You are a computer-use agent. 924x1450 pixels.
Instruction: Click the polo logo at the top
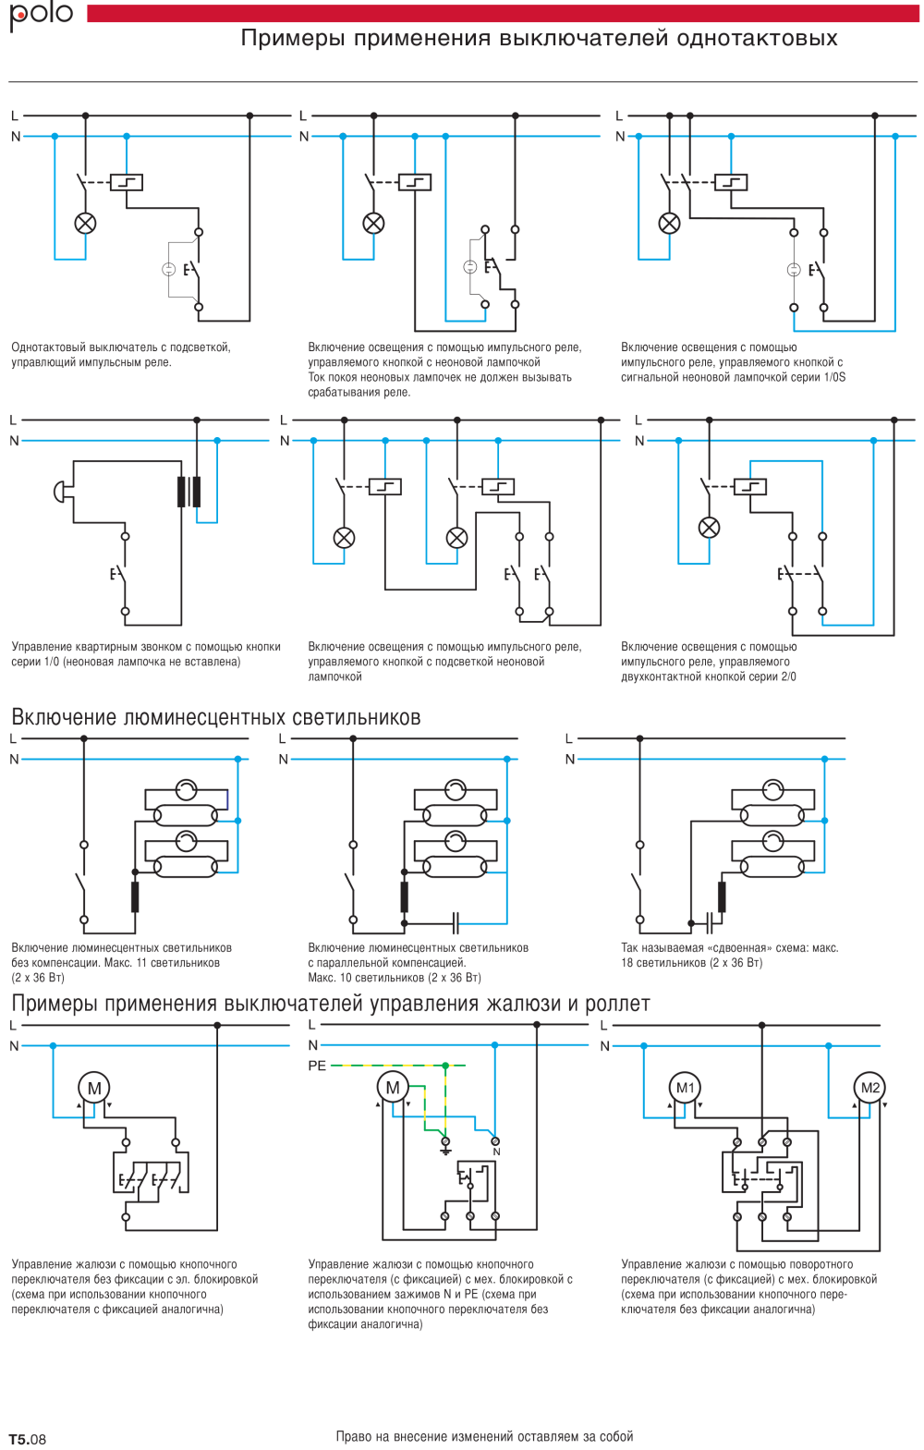(41, 15)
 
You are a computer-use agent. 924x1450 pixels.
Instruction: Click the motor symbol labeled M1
(685, 1088)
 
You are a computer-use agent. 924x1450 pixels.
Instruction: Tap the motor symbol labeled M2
(869, 1088)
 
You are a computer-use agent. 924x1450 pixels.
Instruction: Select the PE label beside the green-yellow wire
(317, 1066)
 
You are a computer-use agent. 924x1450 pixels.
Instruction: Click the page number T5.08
(28, 1439)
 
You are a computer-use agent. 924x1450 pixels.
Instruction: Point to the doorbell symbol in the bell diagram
(62, 492)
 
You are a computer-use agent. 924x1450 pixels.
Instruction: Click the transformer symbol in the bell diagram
(188, 492)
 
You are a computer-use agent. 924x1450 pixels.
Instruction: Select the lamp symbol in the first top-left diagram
(85, 223)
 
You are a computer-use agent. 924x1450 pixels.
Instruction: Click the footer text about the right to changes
(484, 1436)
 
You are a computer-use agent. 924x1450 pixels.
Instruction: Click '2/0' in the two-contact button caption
(788, 676)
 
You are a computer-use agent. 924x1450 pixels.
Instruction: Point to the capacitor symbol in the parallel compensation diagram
(455, 922)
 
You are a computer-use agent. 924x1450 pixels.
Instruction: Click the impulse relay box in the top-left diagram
(127, 182)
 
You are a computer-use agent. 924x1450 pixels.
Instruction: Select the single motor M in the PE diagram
(393, 1088)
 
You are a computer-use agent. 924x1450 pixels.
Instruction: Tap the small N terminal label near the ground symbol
(496, 1152)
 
